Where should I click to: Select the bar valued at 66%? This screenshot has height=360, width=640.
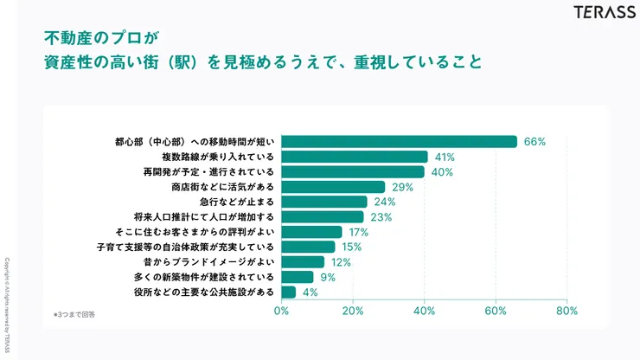pos(399,141)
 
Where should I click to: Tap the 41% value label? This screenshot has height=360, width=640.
pos(444,157)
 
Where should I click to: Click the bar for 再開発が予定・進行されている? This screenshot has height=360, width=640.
pos(352,171)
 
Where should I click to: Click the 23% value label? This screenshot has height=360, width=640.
pos(381,216)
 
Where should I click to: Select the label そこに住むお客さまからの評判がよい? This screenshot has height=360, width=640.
pos(194,232)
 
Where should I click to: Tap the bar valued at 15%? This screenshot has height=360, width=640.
pos(308,247)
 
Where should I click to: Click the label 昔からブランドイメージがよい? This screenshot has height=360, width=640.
pos(208,261)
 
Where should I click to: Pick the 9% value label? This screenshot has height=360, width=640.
pos(328,277)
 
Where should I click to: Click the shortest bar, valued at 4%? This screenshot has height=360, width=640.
pos(288,292)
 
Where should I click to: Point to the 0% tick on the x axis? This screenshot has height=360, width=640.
pos(281,311)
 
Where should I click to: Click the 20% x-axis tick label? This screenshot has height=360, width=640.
pos(352,311)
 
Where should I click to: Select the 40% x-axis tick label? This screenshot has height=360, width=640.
pos(424,311)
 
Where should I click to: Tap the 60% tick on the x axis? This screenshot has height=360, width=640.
pos(495,311)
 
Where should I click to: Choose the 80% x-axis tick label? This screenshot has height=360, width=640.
pos(566,311)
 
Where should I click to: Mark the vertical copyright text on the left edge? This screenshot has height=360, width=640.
pos(8,306)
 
